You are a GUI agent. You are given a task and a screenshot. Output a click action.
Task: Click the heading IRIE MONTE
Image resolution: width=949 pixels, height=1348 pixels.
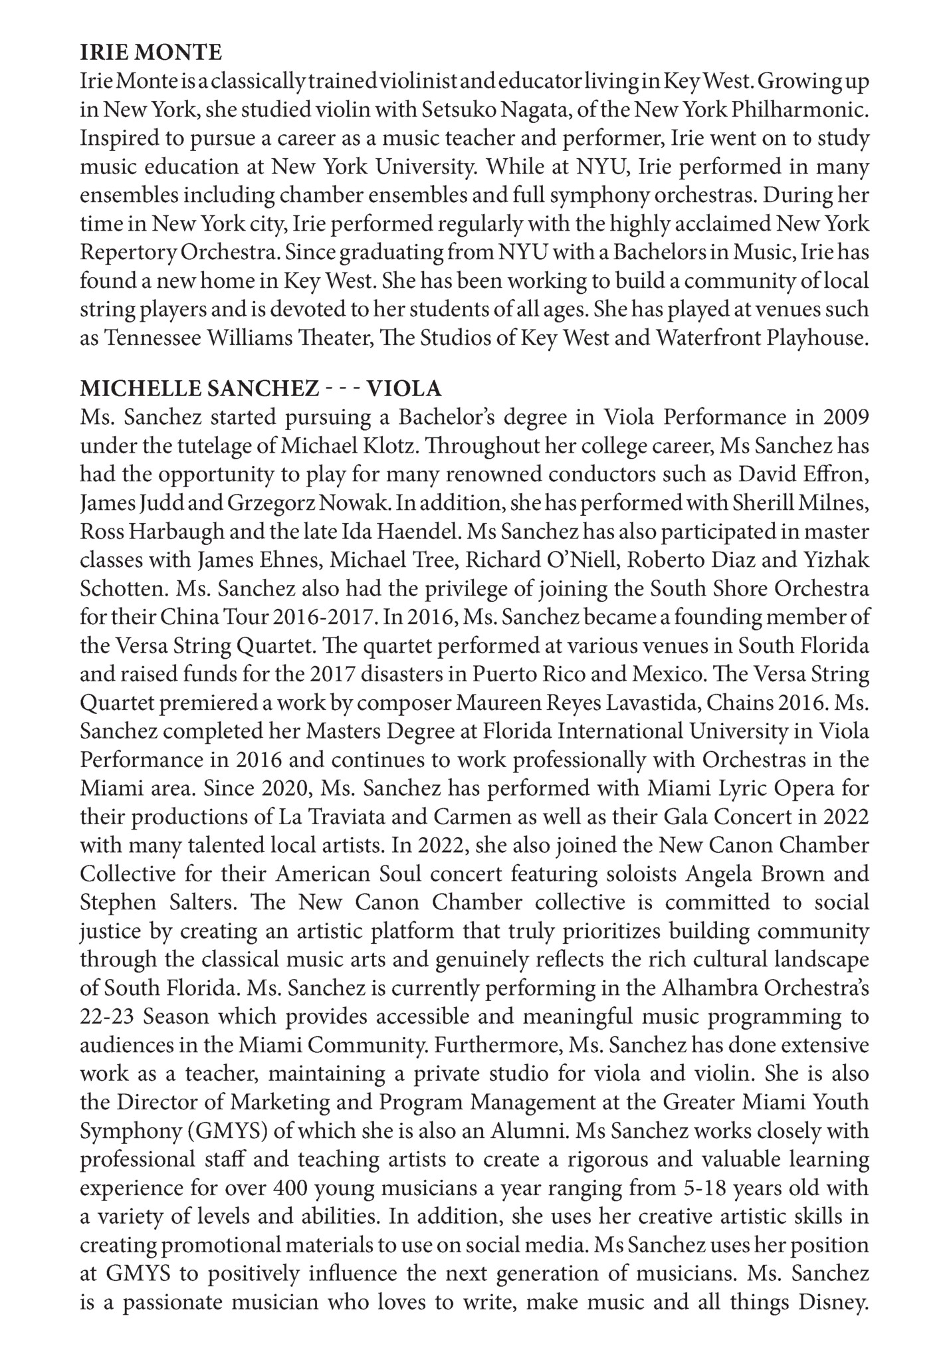click(x=151, y=52)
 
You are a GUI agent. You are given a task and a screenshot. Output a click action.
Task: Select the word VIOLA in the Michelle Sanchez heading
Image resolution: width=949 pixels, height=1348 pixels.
click(x=405, y=388)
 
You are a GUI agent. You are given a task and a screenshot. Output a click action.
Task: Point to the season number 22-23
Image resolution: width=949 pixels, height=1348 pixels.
click(x=105, y=1017)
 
